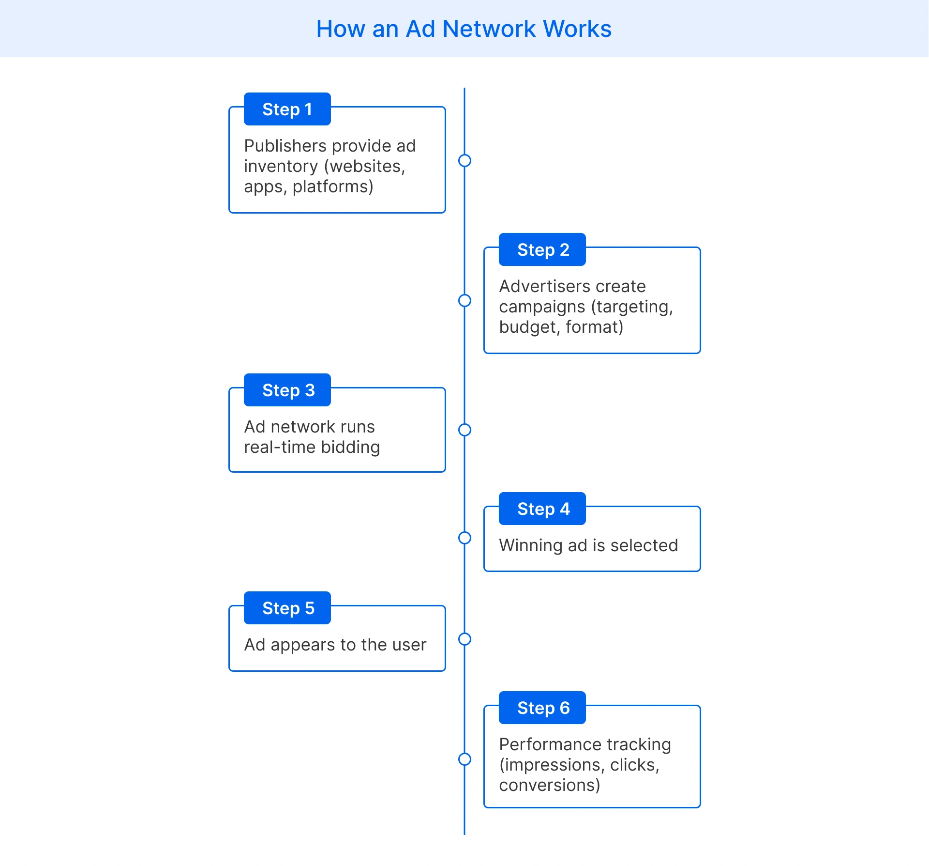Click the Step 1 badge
(287, 109)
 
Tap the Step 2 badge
(542, 249)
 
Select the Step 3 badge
(287, 390)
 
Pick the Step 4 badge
(542, 509)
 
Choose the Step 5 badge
(287, 608)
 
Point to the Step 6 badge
(542, 708)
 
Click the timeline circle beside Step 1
(464, 160)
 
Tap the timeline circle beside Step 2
(464, 301)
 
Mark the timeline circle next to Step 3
(464, 430)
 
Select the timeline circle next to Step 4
(464, 538)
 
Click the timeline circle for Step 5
(464, 639)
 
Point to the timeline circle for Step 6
(464, 759)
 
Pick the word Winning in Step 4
(531, 545)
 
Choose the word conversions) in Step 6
(549, 785)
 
